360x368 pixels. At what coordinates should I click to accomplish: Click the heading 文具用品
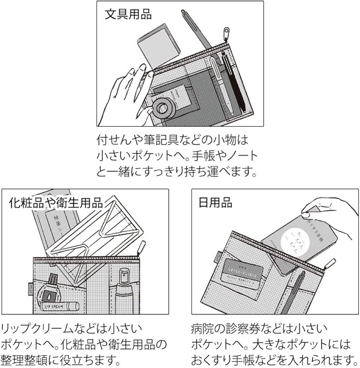point(128,14)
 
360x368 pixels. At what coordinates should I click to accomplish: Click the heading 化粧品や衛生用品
point(56,203)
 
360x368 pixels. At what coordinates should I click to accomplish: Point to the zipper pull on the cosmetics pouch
point(142,249)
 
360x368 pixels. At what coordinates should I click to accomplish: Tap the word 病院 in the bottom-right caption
point(201,329)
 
